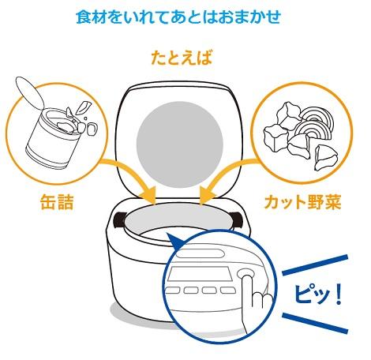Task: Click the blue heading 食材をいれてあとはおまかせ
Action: coord(178,17)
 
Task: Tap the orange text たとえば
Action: coord(182,58)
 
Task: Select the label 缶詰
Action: coord(57,202)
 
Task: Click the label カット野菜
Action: coord(302,202)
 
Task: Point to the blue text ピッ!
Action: coord(318,294)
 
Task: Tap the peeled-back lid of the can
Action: coord(29,92)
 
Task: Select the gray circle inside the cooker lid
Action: coord(180,144)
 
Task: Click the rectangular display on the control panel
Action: coord(199,274)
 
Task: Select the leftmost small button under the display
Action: coord(172,290)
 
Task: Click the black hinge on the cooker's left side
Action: coord(119,219)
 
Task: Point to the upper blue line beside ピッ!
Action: coord(315,264)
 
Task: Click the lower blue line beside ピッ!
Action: coord(315,323)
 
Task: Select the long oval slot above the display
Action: coord(200,253)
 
